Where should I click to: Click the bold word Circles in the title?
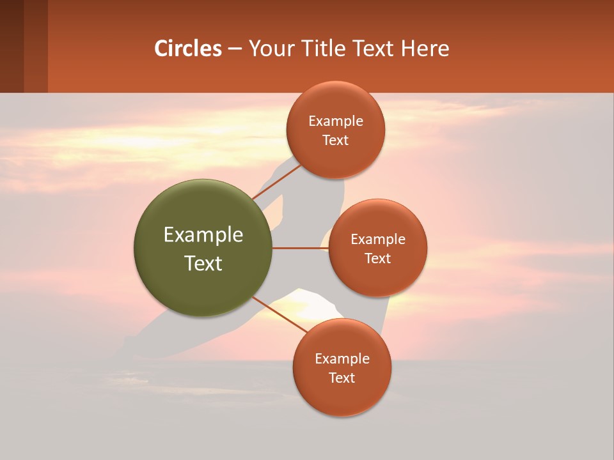click(x=188, y=49)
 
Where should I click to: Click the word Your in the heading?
click(x=269, y=49)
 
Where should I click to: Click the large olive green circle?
click(x=203, y=248)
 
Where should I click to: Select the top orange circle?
click(x=335, y=130)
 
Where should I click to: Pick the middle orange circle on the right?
click(x=377, y=248)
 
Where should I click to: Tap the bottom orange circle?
click(x=342, y=367)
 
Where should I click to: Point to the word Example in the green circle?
click(x=203, y=235)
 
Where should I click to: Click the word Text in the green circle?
click(x=203, y=263)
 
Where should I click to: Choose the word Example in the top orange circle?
click(x=336, y=121)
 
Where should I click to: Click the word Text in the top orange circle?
click(x=335, y=140)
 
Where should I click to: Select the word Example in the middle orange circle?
click(x=378, y=240)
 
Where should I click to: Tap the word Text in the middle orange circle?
click(x=377, y=258)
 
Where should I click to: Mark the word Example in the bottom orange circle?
click(x=342, y=359)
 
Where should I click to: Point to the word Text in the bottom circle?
click(x=342, y=378)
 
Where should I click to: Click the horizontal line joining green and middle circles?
click(x=300, y=248)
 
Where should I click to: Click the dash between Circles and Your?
click(x=235, y=49)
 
